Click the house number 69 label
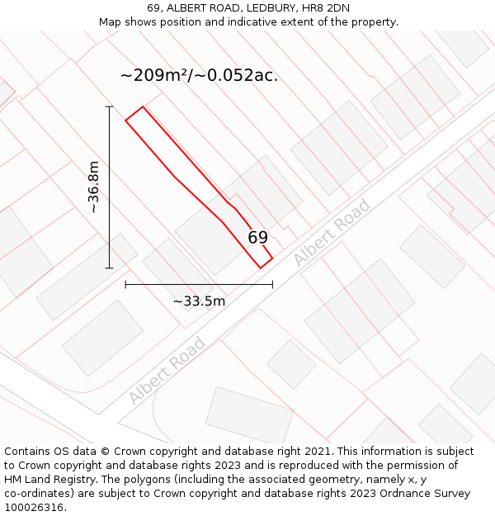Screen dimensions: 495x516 258,238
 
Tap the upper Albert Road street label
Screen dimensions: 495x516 332,233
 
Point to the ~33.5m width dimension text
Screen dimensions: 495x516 199,301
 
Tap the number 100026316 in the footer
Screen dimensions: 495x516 35,508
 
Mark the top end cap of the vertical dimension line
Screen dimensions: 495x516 109,107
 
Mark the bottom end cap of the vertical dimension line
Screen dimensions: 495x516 109,268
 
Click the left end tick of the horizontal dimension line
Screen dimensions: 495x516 125,284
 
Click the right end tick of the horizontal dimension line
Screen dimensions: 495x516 272,284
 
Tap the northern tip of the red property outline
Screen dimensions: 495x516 143,107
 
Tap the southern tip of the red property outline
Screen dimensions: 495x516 261,267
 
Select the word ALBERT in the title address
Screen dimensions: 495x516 190,8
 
